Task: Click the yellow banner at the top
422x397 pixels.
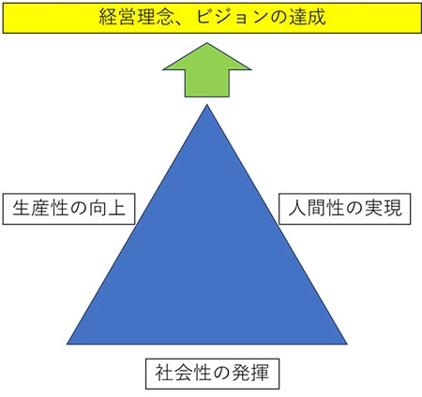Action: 212,18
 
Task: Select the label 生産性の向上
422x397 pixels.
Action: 68,209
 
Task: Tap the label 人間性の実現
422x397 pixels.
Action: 345,209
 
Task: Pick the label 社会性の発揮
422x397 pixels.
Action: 212,374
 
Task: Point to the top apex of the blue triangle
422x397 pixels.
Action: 207,105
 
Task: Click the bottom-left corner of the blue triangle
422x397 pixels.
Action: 67,345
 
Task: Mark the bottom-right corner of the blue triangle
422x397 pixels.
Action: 347,345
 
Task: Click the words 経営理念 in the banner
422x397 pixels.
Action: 136,17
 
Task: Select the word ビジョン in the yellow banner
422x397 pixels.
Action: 232,17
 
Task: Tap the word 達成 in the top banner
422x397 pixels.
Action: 307,17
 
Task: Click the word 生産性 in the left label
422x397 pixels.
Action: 40,209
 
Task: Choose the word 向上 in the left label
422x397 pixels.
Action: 107,209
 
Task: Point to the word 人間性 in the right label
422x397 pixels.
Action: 316,209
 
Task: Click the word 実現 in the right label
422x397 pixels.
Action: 384,209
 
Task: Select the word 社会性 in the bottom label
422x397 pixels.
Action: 184,374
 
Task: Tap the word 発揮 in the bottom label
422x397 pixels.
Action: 250,374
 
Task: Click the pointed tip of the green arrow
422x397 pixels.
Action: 207,43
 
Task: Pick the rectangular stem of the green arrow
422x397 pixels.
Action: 207,83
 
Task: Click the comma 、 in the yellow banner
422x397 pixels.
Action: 181,22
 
